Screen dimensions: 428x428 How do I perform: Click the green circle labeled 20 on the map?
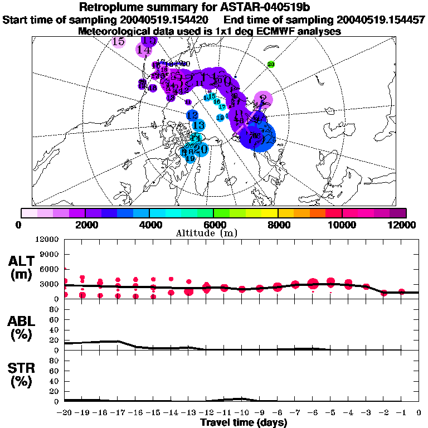click(271, 65)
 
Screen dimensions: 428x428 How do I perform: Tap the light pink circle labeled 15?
click(118, 42)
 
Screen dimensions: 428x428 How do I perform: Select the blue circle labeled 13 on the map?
click(198, 125)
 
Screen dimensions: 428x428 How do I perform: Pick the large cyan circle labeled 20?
click(201, 149)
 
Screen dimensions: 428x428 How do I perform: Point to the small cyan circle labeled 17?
click(222, 107)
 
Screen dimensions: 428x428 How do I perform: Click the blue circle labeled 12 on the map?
click(192, 115)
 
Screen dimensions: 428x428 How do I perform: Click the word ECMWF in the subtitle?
click(277, 32)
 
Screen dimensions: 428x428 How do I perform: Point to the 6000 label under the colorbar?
click(214, 225)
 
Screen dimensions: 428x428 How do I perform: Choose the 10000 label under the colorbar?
click(342, 225)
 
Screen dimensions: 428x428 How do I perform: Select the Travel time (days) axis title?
click(244, 423)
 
